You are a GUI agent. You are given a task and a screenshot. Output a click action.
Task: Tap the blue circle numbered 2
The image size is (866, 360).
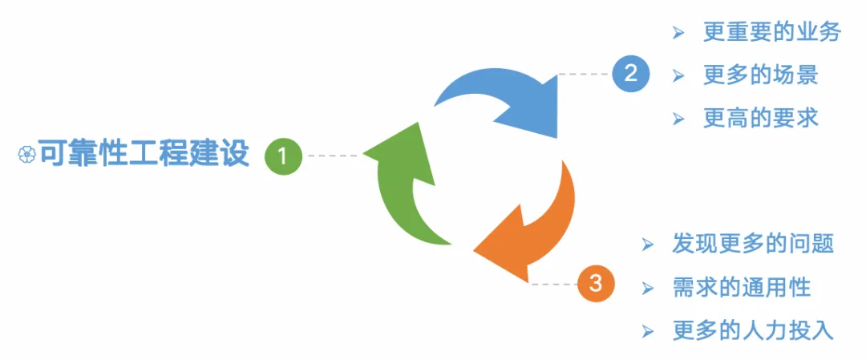click(630, 74)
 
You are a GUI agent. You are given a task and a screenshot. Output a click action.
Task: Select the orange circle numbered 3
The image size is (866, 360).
click(595, 283)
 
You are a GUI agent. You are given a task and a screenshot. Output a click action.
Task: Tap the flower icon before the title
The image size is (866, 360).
click(26, 155)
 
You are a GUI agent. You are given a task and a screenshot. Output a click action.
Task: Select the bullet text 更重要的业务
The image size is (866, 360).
click(761, 32)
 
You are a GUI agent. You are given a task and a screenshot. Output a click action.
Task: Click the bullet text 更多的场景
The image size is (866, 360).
click(761, 75)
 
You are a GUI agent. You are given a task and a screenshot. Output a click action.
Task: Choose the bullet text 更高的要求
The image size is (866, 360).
click(761, 118)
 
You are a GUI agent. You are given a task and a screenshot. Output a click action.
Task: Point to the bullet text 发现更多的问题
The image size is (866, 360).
click(753, 244)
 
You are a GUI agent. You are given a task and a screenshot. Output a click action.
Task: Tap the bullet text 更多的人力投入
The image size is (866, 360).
click(753, 330)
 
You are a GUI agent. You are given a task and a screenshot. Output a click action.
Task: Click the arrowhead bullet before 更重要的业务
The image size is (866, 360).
click(678, 33)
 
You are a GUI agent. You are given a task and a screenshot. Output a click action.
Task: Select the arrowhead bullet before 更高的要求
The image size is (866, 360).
click(678, 119)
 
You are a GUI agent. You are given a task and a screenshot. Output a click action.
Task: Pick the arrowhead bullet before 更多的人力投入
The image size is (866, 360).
click(648, 330)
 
